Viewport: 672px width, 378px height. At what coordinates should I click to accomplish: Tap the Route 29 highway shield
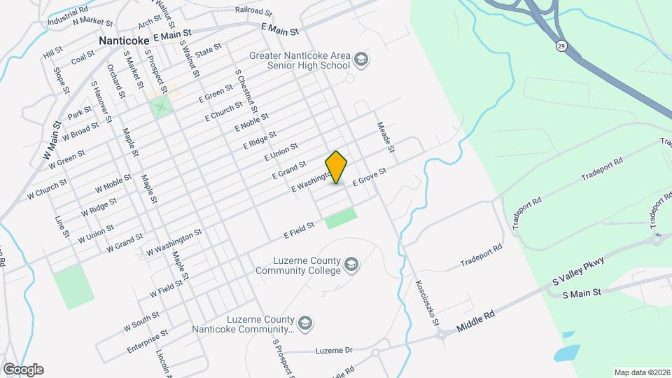tap(561, 45)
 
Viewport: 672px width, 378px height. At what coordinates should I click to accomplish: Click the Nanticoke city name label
tap(124, 41)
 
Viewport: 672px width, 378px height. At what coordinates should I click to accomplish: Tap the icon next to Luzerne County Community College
tap(351, 264)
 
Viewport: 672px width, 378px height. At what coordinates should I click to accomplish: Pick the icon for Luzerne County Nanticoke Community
tap(304, 323)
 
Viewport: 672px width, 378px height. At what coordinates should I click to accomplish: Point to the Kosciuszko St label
tap(426, 302)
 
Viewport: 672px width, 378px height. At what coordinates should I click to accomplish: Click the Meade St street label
tap(386, 138)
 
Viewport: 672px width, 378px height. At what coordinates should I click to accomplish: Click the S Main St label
tap(582, 293)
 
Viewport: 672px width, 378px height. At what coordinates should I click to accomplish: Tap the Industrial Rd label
tap(68, 17)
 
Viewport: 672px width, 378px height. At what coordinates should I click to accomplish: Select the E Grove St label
tap(370, 176)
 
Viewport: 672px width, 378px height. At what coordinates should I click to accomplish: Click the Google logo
tap(23, 370)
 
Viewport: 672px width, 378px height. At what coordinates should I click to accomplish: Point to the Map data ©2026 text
tap(641, 372)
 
